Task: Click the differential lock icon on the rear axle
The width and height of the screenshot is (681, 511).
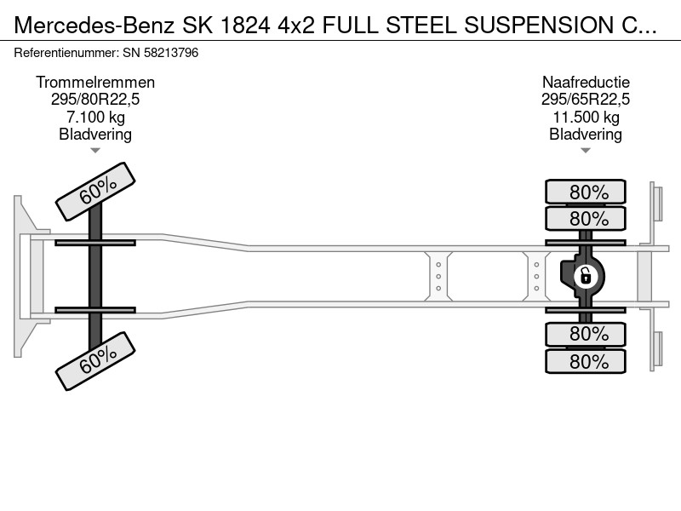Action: (586, 276)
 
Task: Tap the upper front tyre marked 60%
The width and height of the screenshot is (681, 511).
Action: (95, 191)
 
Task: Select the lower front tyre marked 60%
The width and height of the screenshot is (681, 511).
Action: (95, 360)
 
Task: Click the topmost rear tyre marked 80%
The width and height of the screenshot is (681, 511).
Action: (586, 192)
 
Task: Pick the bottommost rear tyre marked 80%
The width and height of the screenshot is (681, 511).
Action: (586, 361)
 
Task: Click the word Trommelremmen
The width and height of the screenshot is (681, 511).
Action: (95, 82)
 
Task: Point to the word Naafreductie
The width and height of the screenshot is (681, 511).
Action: (586, 82)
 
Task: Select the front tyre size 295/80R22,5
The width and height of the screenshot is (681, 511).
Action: (95, 100)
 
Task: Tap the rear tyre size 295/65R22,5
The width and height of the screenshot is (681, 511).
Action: (586, 100)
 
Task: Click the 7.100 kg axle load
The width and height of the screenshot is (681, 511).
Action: (95, 117)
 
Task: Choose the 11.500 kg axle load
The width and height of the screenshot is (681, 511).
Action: (586, 117)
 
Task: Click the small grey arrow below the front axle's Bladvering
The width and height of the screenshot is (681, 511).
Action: (95, 151)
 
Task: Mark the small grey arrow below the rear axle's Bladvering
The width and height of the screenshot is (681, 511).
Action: (586, 151)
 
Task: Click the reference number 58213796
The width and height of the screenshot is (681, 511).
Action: (171, 53)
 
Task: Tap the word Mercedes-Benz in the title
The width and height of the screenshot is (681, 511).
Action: (94, 26)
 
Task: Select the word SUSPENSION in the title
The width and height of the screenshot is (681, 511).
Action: (539, 26)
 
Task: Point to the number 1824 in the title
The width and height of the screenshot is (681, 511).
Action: (245, 26)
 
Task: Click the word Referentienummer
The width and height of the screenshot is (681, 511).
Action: (66, 53)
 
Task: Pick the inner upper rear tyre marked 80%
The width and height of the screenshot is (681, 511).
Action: (586, 218)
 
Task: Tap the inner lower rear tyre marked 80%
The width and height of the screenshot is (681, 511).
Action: (586, 334)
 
